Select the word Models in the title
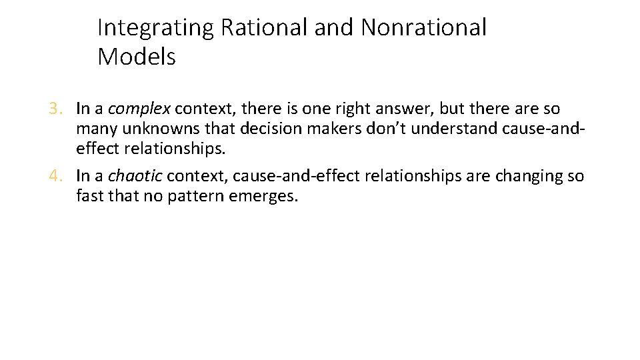136,57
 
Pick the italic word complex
139,108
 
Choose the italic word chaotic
135,176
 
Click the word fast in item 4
88,197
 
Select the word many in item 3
93,129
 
